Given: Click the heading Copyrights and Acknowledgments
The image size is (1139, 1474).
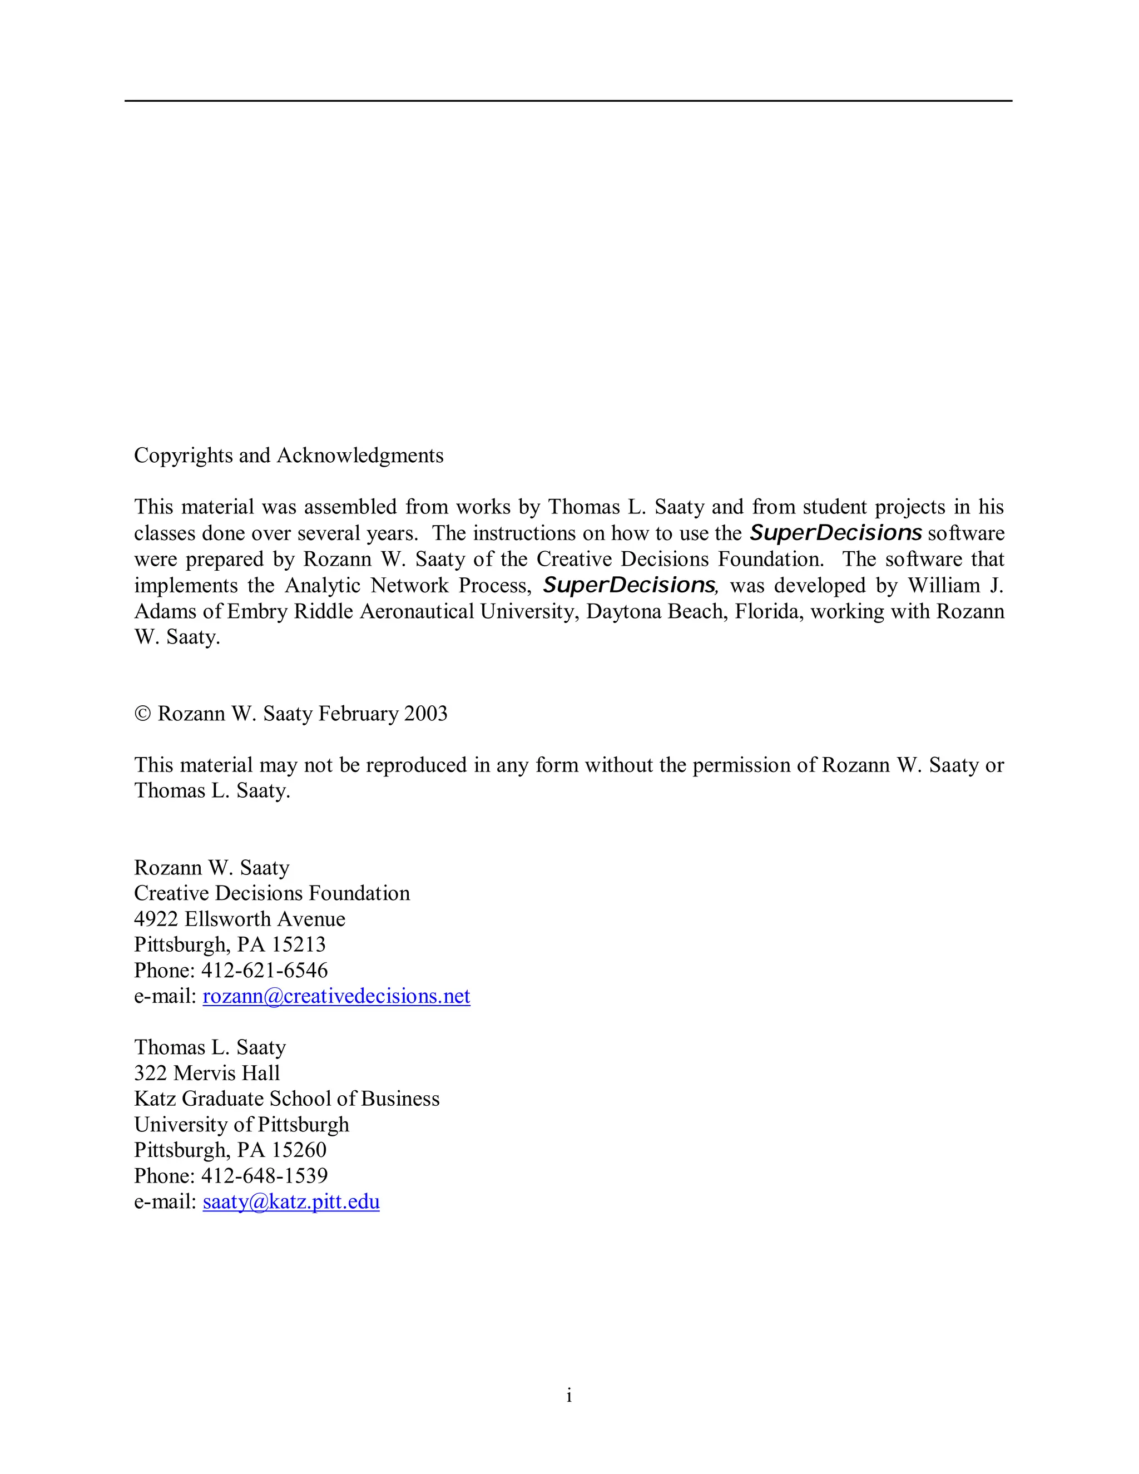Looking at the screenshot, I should (288, 456).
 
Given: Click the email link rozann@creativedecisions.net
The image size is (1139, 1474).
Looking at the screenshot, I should (336, 996).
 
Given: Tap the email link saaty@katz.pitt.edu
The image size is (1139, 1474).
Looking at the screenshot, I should (291, 1201).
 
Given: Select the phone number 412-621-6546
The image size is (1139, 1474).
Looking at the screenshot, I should (265, 971).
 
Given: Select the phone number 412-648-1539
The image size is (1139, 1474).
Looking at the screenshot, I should (265, 1176).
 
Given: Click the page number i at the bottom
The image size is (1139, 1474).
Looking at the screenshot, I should (569, 1395).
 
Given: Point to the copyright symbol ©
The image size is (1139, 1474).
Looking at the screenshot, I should (142, 714).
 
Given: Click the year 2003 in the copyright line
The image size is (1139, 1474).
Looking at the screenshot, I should (426, 714).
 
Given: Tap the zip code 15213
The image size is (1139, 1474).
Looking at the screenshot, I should (298, 945).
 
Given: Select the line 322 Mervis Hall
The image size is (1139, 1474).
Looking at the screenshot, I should (206, 1073).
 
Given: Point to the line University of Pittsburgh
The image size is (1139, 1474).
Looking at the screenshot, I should (241, 1124).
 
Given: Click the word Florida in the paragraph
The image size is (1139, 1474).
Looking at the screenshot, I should (768, 611).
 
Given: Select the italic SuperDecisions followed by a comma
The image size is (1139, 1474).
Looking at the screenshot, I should (629, 585).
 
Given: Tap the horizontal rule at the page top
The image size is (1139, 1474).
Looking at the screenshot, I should (568, 101).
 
